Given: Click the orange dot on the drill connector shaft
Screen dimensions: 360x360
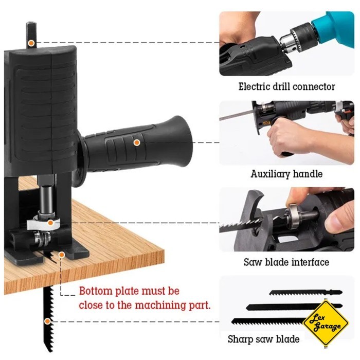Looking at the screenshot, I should (31, 43).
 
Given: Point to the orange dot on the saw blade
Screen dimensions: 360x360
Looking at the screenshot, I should (48, 321).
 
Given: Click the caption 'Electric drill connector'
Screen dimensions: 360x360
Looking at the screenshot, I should (286, 86).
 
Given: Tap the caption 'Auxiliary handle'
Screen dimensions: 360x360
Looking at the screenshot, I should (286, 174).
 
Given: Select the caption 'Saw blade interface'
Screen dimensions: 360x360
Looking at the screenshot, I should (286, 262).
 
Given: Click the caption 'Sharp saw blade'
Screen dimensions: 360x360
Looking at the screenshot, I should (263, 339).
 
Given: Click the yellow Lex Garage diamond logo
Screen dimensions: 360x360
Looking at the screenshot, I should (325, 323).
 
